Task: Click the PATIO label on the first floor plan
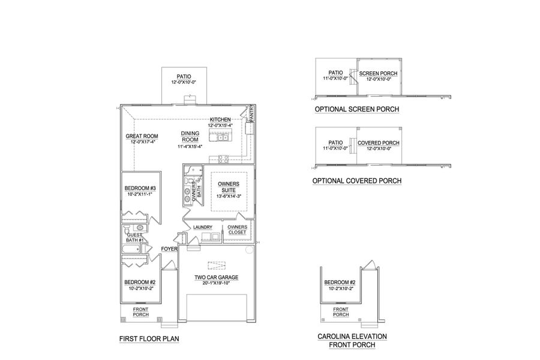coord(184,76)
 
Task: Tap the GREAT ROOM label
coord(142,136)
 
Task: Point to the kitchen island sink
coord(222,138)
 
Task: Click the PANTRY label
coord(251,113)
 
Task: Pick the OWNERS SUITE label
coord(229,187)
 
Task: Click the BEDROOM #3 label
coord(140,188)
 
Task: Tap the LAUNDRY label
coord(203,227)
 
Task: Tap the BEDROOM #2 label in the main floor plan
coord(140,282)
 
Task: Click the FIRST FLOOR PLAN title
coord(149,339)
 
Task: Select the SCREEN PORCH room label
coord(379,74)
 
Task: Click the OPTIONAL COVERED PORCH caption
coord(357,181)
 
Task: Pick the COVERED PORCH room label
coord(379,143)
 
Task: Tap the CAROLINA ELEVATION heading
coord(352,337)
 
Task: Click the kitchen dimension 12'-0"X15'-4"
coord(220,125)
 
